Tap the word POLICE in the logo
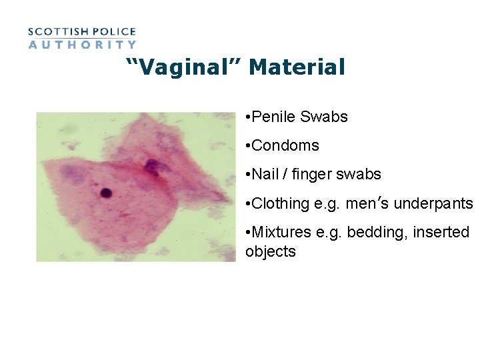(114, 31)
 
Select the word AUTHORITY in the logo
(82, 45)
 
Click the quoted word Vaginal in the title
(184, 67)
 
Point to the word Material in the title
(297, 67)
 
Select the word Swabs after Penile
(324, 117)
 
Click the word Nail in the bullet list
(265, 175)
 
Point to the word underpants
(433, 203)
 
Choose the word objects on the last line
(270, 251)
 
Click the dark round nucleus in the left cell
(105, 193)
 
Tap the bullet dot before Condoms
(247, 146)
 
